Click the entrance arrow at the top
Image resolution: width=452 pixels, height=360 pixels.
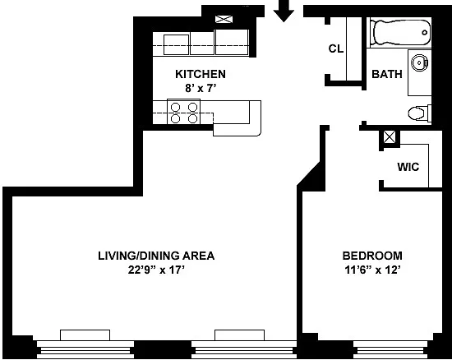[x=284, y=12]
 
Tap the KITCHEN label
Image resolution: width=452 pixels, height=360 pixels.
[x=201, y=74]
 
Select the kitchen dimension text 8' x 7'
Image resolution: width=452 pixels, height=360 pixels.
[x=201, y=88]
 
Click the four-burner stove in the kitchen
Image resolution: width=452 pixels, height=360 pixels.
[x=183, y=112]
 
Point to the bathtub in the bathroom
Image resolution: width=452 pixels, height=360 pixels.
[x=401, y=32]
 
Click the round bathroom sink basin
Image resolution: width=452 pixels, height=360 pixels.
[x=419, y=62]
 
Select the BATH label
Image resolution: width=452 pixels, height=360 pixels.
[x=387, y=74]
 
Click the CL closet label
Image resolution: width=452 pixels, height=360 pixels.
[x=336, y=48]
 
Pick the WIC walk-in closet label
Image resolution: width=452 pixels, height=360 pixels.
[x=408, y=167]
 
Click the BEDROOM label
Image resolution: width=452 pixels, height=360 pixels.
[x=372, y=256]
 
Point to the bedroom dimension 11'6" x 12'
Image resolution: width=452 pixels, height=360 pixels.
[x=372, y=270]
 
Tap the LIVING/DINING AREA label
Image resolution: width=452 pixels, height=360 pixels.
[x=156, y=256]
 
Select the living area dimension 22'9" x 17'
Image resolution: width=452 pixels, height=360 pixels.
[x=156, y=270]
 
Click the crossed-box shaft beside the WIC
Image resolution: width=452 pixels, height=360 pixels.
[x=390, y=137]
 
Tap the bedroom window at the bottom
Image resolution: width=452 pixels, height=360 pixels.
[x=390, y=348]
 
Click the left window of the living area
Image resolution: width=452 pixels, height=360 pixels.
[x=85, y=344]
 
